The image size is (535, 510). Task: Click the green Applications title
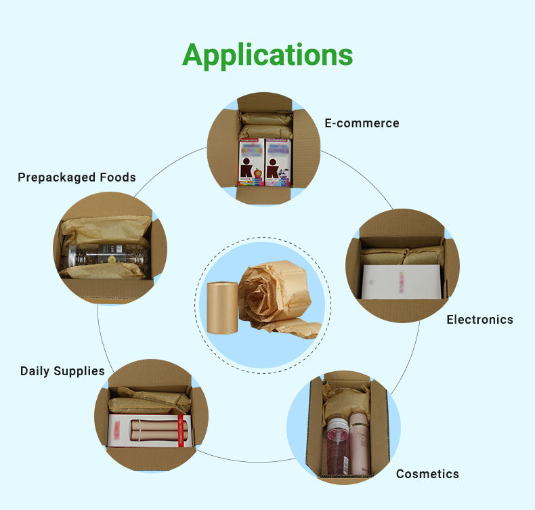click(267, 55)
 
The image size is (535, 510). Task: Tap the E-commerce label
click(362, 123)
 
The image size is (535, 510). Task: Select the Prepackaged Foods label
click(77, 177)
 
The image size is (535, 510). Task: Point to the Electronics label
click(479, 320)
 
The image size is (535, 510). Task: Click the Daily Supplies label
click(62, 371)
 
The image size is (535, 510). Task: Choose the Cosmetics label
click(427, 474)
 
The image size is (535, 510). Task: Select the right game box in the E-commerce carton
click(278, 163)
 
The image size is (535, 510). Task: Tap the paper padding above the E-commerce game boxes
click(265, 126)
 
